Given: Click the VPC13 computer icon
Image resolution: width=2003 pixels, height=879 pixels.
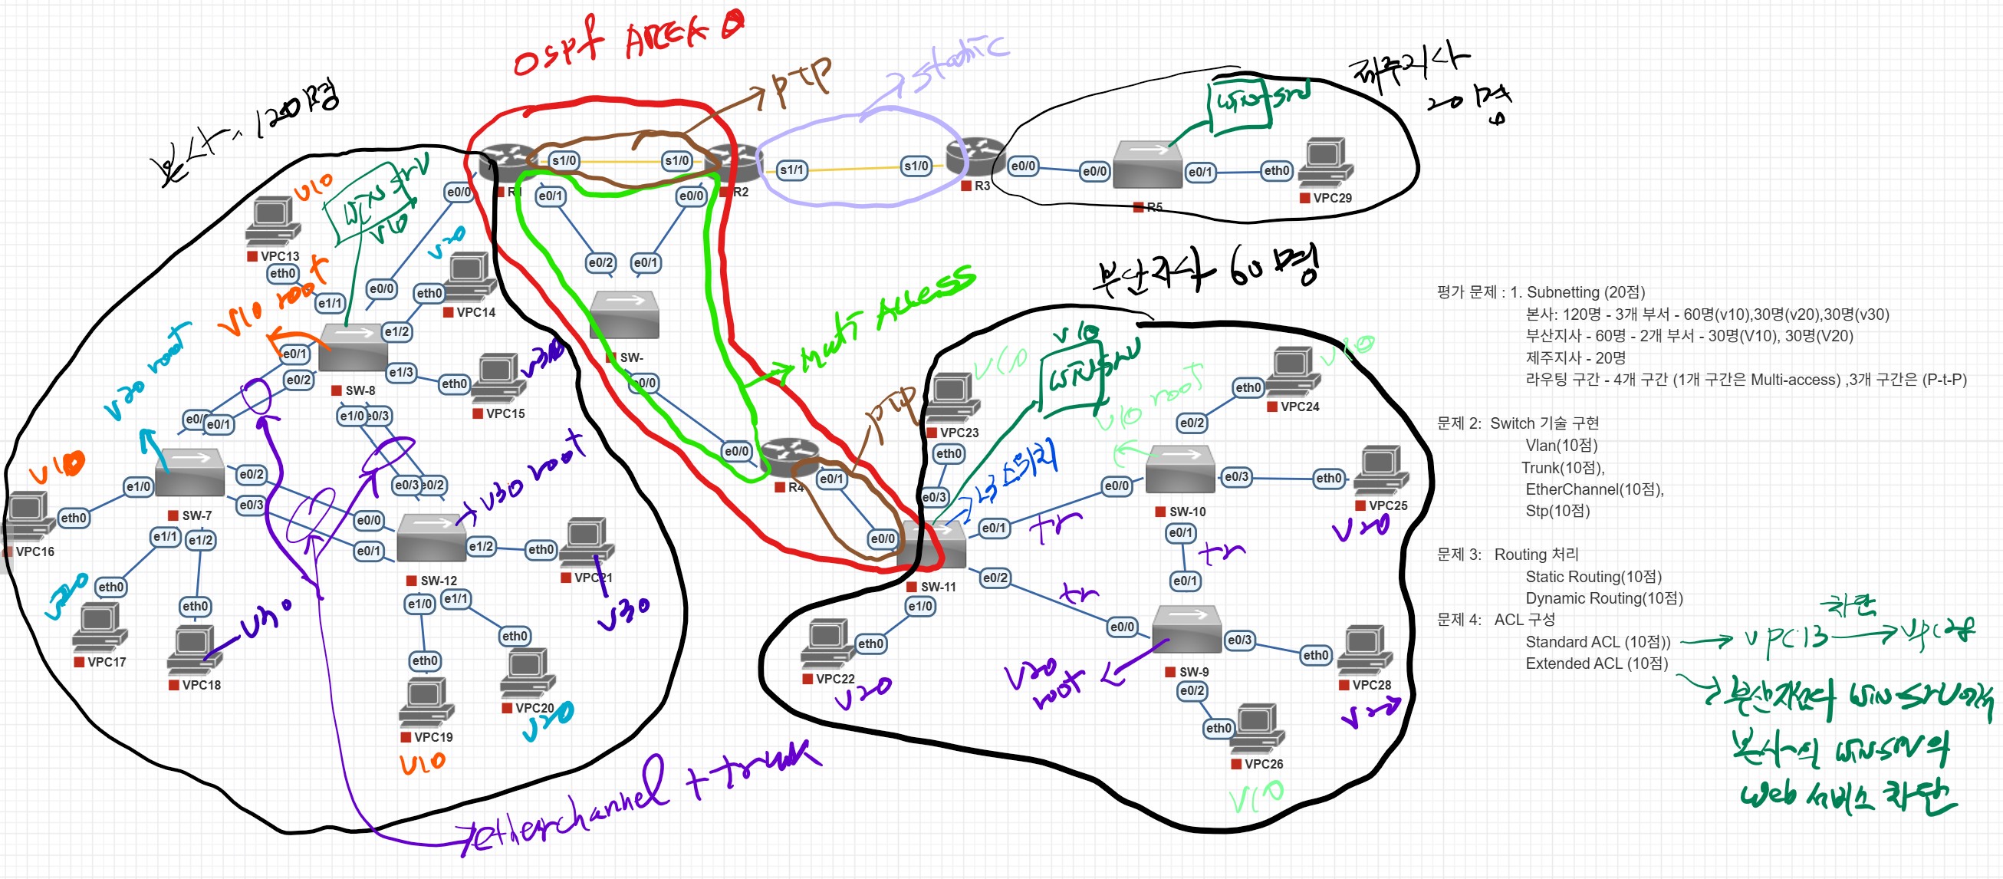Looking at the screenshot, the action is [273, 222].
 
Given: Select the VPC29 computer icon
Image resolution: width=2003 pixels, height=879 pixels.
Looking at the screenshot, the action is [1326, 163].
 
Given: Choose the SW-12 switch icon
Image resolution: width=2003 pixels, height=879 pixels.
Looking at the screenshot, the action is [432, 538].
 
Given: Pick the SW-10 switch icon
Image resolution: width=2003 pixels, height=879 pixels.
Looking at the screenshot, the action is [1179, 469].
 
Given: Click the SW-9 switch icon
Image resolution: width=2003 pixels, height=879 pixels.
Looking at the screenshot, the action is [1186, 629].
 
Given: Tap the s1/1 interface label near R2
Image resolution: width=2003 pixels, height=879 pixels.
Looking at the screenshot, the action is [791, 170].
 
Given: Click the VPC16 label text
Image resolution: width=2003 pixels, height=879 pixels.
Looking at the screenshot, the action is [35, 551].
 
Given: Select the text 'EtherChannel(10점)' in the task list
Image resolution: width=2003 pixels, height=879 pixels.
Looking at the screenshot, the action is [1594, 489].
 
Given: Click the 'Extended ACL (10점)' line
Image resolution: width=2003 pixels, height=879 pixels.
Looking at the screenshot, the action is [1597, 663].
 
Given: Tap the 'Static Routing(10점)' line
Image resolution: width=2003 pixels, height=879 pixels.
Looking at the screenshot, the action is [1594, 576].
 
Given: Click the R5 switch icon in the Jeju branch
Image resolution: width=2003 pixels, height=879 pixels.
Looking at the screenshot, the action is [1147, 164].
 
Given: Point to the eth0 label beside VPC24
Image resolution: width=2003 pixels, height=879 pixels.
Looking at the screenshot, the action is [1247, 387].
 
